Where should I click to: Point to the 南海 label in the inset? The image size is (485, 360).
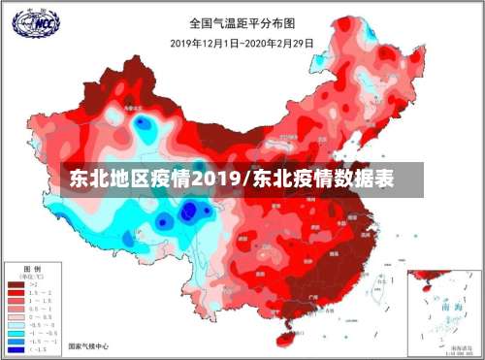point(444,304)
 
